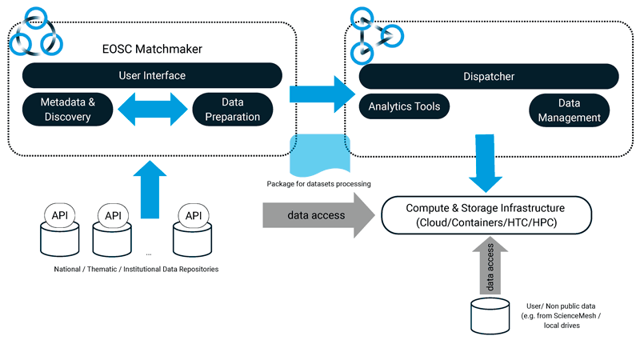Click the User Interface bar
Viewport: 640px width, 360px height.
[x=152, y=76]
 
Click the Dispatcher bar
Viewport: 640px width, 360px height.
[x=489, y=77]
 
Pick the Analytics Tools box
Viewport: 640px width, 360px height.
[x=404, y=106]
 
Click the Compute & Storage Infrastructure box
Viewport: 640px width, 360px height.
[x=486, y=214]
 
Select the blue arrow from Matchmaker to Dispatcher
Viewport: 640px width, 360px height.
[x=320, y=94]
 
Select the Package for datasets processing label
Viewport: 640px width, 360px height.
[x=318, y=184]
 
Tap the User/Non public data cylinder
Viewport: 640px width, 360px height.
[x=489, y=316]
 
